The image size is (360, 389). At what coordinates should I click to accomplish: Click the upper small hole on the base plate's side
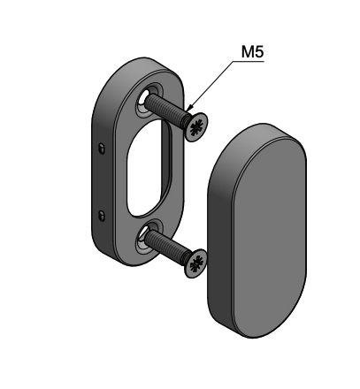click(103, 144)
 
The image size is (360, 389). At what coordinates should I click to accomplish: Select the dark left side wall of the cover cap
click(215, 239)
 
